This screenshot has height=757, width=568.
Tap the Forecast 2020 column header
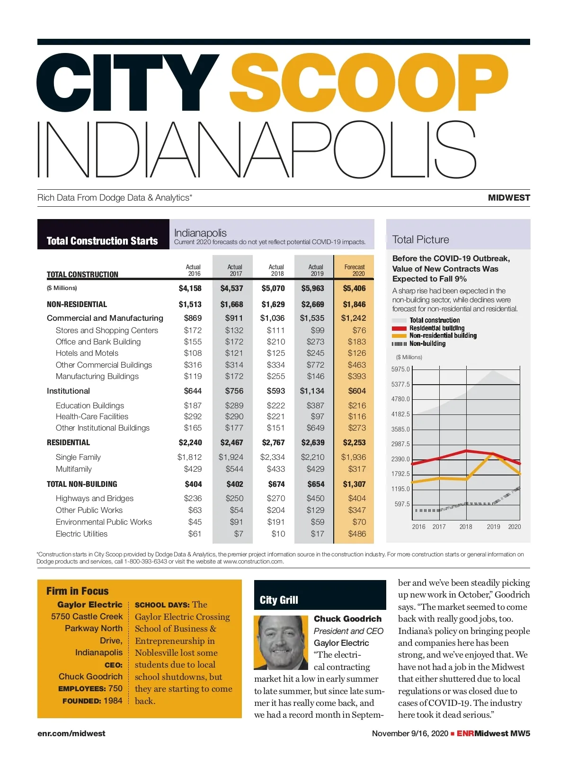click(x=355, y=270)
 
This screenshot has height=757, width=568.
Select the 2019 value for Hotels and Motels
click(x=315, y=353)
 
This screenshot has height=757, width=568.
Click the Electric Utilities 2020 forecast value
click(x=357, y=534)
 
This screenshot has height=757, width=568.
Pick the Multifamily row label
click(x=74, y=469)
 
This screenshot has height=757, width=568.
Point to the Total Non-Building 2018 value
click(x=276, y=484)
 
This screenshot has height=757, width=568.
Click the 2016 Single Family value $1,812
click(x=189, y=457)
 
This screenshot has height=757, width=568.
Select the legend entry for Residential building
click(x=436, y=328)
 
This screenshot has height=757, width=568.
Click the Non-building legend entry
click(x=427, y=343)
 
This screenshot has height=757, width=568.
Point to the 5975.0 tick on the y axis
click(x=400, y=369)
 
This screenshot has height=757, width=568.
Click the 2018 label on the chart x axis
click(x=466, y=527)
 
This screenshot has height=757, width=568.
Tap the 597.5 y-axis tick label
click(x=402, y=504)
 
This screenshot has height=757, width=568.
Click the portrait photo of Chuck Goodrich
click(x=281, y=642)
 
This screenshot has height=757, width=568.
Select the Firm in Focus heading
click(x=78, y=591)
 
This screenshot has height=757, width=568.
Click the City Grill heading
click(x=279, y=600)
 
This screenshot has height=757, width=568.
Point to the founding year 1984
click(x=113, y=700)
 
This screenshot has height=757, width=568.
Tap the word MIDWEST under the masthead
click(x=509, y=198)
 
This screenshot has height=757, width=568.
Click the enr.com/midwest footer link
click(x=71, y=733)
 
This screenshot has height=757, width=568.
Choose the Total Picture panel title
click(x=420, y=239)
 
